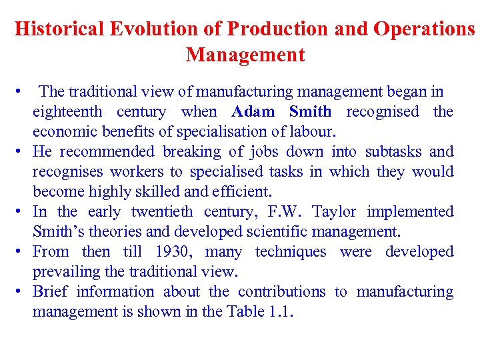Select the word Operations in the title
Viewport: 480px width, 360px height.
[425, 29]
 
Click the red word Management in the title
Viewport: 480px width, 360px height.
[245, 54]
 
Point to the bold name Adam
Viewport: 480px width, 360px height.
[254, 111]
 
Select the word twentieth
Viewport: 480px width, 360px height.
[162, 211]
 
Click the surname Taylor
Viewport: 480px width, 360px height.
[335, 211]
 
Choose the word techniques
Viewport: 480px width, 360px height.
[291, 251]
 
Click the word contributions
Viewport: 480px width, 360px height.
[282, 291]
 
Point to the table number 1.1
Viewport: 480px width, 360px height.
[281, 311]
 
